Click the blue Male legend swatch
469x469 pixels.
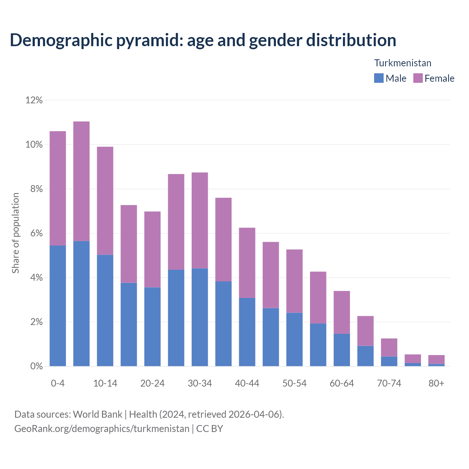pyautogui.click(x=378, y=78)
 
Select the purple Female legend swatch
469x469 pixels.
pyautogui.click(x=418, y=78)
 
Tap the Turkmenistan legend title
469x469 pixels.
pyautogui.click(x=402, y=63)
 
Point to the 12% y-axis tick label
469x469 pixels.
pyautogui.click(x=34, y=100)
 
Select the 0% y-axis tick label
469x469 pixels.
pyautogui.click(x=36, y=366)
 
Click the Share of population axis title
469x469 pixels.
pyautogui.click(x=15, y=233)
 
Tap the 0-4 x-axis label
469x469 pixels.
pyautogui.click(x=58, y=383)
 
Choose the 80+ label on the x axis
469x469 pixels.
pyautogui.click(x=436, y=383)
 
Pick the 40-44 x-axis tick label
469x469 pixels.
pyautogui.click(x=247, y=383)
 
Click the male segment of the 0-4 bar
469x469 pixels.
pyautogui.click(x=58, y=306)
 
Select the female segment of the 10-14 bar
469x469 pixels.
pyautogui.click(x=105, y=201)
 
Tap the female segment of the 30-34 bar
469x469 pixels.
pyautogui.click(x=200, y=220)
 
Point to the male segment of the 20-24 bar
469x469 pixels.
pyautogui.click(x=152, y=326)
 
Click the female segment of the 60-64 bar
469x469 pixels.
pyautogui.click(x=341, y=312)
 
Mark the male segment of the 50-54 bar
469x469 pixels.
pyautogui.click(x=294, y=339)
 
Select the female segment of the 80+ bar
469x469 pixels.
pyautogui.click(x=436, y=359)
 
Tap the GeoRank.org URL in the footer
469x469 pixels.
pyautogui.click(x=101, y=428)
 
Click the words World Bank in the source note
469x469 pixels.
pyautogui.click(x=97, y=414)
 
